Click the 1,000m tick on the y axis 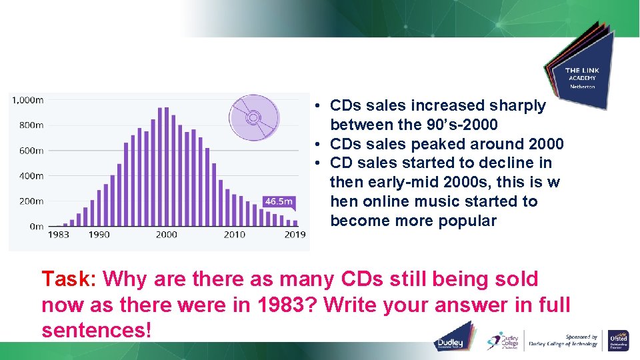click(27, 100)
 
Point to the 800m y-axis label click(30, 125)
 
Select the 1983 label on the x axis click(58, 235)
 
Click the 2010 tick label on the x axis click(234, 235)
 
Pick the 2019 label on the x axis click(295, 235)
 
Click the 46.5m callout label click(278, 201)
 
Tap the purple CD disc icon click(253, 119)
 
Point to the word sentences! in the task click(97, 329)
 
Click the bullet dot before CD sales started click(320, 163)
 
